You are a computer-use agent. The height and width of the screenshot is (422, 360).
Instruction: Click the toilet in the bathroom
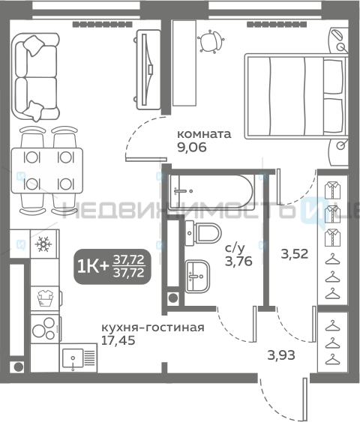(203, 233)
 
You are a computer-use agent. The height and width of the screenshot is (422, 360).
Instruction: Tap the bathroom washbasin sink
(197, 276)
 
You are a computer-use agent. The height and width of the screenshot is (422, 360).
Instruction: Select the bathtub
(211, 192)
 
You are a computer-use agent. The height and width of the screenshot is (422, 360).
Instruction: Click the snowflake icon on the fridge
(43, 244)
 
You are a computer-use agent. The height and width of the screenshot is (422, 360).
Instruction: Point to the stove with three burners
(45, 329)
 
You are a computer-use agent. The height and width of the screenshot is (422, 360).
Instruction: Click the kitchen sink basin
(73, 358)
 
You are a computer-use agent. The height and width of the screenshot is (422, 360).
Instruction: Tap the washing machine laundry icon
(45, 298)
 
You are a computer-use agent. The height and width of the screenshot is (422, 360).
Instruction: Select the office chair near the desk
(210, 41)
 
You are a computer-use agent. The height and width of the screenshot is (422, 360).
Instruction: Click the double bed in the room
(296, 96)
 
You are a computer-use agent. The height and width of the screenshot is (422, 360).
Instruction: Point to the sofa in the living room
(35, 77)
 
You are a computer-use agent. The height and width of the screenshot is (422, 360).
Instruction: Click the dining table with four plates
(46, 170)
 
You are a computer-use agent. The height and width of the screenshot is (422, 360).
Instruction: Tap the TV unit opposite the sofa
(148, 70)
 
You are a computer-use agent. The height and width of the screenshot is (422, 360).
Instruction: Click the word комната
(204, 134)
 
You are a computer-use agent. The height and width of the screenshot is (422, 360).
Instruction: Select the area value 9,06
(192, 147)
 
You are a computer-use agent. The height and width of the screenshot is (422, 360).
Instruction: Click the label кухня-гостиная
(153, 328)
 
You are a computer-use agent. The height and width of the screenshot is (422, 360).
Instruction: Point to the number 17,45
(118, 340)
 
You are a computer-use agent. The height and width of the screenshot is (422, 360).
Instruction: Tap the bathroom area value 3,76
(238, 261)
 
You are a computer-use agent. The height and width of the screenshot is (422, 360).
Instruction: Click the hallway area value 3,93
(281, 355)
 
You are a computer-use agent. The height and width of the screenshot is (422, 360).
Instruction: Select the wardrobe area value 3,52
(295, 254)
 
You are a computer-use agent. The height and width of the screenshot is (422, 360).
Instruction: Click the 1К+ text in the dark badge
(92, 267)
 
